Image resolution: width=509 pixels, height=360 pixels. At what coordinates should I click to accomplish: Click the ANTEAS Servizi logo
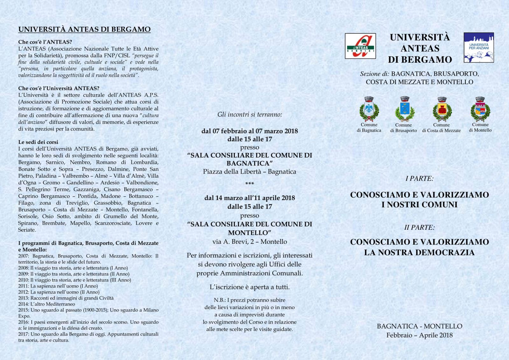360,46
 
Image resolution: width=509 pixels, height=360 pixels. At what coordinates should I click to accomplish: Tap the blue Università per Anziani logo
478,47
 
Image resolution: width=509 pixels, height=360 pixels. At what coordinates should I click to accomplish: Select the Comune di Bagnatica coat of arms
369,109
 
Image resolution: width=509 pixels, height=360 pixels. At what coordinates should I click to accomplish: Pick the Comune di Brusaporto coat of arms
405,109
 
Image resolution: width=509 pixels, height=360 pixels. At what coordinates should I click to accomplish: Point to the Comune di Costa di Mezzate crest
442,109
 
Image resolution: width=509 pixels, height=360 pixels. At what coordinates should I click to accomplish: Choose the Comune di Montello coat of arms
480,109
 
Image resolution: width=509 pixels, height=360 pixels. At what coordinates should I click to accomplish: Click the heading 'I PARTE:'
419,179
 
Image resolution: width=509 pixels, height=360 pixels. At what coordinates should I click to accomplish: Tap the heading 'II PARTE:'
419,228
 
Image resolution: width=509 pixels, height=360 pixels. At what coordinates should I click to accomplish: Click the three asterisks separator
249,184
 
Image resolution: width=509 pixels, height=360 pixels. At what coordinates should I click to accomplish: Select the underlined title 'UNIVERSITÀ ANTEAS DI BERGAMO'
84,30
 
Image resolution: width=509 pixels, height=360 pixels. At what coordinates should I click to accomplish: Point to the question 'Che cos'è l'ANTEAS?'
45,42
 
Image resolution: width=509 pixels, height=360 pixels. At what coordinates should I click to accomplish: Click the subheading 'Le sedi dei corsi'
38,142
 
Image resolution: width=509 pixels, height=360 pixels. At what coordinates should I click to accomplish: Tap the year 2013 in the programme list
24,298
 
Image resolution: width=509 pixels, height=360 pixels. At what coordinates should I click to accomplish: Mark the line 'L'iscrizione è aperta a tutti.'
249,287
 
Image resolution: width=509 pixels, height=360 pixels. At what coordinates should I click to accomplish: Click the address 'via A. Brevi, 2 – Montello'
249,242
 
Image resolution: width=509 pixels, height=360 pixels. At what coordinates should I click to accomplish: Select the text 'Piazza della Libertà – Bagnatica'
249,172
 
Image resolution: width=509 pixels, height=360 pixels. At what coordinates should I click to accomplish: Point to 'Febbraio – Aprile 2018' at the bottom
419,335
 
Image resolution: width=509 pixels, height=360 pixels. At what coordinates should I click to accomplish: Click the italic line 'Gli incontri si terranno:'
249,115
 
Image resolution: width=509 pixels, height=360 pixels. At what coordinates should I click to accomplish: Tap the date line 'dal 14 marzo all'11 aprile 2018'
249,198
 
